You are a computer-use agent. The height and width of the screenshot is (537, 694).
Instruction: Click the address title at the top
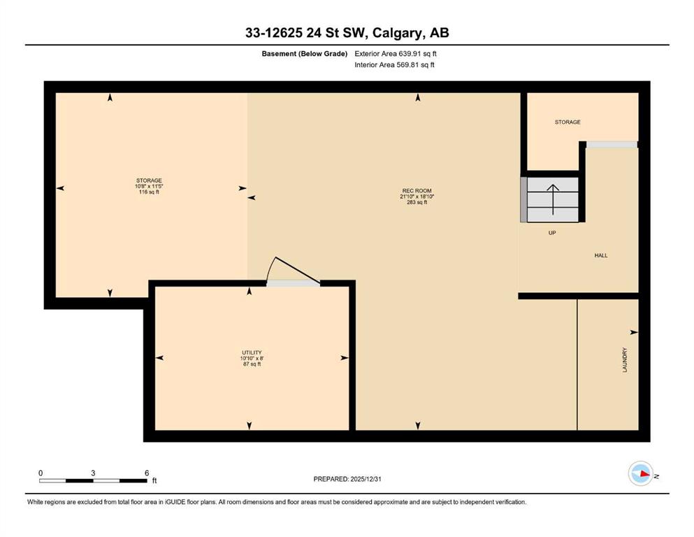(347, 33)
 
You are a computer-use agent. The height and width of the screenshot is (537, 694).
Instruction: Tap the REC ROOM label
(417, 191)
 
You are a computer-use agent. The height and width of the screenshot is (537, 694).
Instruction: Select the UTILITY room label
(252, 353)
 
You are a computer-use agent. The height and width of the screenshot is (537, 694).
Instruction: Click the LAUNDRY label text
(625, 359)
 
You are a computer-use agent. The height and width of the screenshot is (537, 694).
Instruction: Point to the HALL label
(600, 255)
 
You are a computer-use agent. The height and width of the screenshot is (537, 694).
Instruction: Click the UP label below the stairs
(552, 233)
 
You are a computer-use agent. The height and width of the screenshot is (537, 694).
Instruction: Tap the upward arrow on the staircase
(553, 199)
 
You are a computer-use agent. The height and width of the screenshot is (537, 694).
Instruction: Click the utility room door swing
(293, 270)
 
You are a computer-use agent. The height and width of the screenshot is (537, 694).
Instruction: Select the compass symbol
(641, 473)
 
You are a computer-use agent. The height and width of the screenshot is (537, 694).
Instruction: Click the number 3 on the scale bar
(93, 473)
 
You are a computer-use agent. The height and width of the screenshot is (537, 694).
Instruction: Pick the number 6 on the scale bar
(147, 473)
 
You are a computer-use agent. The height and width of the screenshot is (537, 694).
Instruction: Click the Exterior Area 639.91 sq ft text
(396, 54)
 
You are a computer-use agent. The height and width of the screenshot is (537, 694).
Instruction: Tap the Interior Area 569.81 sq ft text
(394, 64)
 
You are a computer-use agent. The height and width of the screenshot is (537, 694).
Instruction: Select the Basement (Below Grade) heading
(305, 54)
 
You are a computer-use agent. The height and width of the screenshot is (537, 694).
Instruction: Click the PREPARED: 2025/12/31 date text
(347, 479)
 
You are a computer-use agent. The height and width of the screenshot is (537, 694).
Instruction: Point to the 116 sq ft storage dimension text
(149, 192)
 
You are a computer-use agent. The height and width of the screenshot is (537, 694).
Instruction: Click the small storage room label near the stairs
(568, 122)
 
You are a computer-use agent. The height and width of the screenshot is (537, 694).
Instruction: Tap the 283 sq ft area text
(417, 202)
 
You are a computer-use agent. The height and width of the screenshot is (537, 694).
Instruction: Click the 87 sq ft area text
(252, 364)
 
